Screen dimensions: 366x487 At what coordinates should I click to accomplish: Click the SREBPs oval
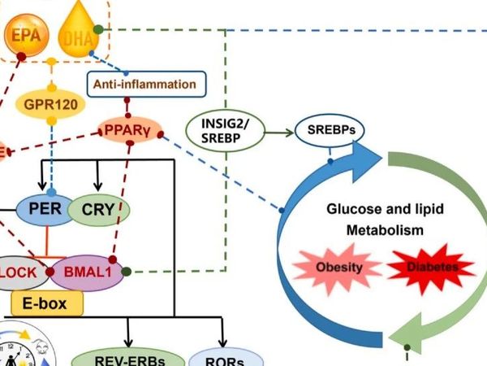click(330, 129)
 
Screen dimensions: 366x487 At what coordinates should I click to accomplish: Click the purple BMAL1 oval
click(88, 272)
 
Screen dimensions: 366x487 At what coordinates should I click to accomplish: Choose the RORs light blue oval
click(226, 358)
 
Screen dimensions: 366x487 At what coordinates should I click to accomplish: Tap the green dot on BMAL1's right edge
click(127, 271)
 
